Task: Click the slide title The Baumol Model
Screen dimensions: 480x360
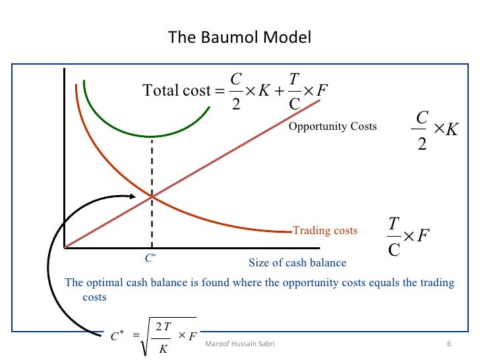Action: (x=239, y=37)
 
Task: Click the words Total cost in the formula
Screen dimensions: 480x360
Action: (x=176, y=90)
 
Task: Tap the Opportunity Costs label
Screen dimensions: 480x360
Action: (x=332, y=126)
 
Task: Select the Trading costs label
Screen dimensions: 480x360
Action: (x=325, y=231)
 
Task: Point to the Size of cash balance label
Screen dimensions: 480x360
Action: (x=297, y=263)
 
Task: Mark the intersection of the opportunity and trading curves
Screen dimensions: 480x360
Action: (x=152, y=196)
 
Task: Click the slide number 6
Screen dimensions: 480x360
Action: (x=448, y=345)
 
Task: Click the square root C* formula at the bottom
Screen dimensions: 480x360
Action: (x=155, y=336)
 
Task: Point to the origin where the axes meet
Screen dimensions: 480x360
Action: (x=65, y=247)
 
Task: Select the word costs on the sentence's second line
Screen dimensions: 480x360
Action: (x=94, y=297)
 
